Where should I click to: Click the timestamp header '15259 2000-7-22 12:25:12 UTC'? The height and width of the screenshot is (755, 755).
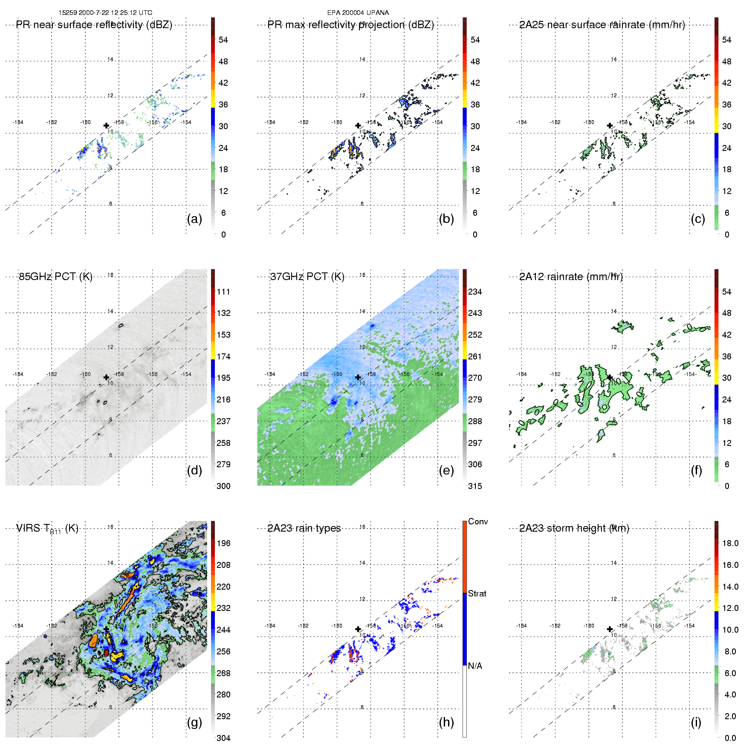pyautogui.click(x=105, y=13)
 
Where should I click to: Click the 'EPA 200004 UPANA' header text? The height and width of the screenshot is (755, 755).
pyautogui.click(x=358, y=13)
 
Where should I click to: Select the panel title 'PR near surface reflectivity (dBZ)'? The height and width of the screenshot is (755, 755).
pyautogui.click(x=94, y=25)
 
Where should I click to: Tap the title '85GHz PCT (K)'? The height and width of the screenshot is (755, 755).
pyautogui.click(x=55, y=277)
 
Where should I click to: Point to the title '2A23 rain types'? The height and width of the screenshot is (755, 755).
pyautogui.click(x=304, y=528)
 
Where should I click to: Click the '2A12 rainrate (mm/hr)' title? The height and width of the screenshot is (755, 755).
pyautogui.click(x=571, y=277)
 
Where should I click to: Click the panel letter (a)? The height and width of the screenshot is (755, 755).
pyautogui.click(x=194, y=219)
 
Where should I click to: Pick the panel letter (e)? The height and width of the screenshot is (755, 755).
pyautogui.click(x=446, y=470)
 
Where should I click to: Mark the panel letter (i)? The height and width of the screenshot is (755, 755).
pyautogui.click(x=696, y=722)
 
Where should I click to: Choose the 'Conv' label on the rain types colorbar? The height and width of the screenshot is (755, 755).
pyautogui.click(x=478, y=521)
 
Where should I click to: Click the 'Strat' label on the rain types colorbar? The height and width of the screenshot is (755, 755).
pyautogui.click(x=477, y=593)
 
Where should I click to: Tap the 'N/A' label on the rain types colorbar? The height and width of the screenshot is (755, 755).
pyautogui.click(x=475, y=666)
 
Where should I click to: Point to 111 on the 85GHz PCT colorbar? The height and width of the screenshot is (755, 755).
pyautogui.click(x=223, y=292)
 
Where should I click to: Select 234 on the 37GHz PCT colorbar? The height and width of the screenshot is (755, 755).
pyautogui.click(x=475, y=292)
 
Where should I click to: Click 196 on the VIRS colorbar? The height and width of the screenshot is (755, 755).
pyautogui.click(x=223, y=543)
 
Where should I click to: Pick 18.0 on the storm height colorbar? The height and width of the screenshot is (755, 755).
pyautogui.click(x=730, y=543)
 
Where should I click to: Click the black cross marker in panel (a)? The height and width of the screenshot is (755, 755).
pyautogui.click(x=106, y=125)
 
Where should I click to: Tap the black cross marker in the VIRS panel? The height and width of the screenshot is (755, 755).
pyautogui.click(x=106, y=629)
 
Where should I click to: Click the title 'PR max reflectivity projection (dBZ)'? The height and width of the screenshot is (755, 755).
pyautogui.click(x=350, y=25)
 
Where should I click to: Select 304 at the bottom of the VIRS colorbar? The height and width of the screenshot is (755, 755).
pyautogui.click(x=223, y=738)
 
